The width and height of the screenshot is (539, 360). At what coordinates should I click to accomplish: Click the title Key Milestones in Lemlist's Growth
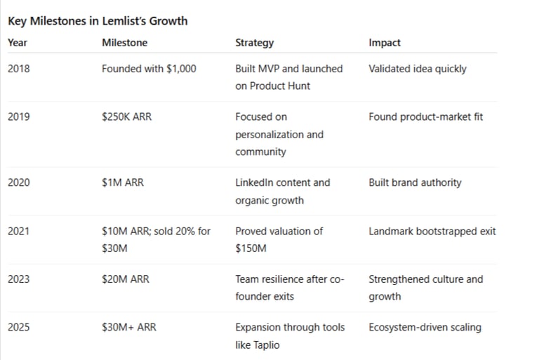tap(98, 20)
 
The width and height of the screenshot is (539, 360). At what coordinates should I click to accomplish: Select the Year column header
tap(18, 43)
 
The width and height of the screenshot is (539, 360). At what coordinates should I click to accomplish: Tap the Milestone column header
tap(125, 43)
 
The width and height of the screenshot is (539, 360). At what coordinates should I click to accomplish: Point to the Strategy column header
tap(255, 43)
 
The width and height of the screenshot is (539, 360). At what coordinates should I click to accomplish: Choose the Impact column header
tap(385, 43)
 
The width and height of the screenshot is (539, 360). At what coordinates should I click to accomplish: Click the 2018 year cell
tap(19, 69)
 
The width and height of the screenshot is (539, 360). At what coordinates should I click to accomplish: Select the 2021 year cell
tap(19, 231)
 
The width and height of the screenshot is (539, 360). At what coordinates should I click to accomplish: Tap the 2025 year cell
tap(19, 327)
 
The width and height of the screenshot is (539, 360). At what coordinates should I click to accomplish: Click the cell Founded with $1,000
tap(149, 69)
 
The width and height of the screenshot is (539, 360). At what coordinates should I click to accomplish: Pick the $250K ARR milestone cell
tap(126, 116)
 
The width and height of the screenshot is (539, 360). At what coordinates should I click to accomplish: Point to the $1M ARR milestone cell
tap(122, 182)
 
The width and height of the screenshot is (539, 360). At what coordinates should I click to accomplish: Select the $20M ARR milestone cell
tap(126, 279)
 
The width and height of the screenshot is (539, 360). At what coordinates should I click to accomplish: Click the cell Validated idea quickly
tap(418, 69)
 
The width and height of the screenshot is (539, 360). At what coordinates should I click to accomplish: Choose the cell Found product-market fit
tap(426, 116)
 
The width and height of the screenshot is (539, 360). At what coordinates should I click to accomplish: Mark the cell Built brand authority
tap(415, 182)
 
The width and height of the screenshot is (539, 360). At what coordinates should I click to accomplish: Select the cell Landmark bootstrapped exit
tap(432, 231)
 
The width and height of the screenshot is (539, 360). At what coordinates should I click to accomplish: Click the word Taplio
tap(271, 345)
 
